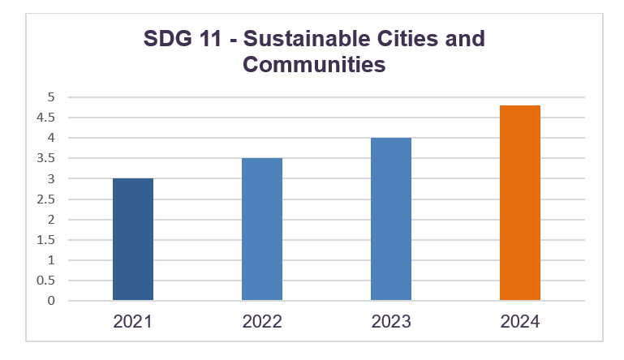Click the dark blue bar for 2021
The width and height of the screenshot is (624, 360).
pyautogui.click(x=133, y=239)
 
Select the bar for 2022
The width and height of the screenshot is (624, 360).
pyautogui.click(x=262, y=229)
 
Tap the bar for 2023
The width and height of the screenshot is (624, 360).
pyautogui.click(x=391, y=219)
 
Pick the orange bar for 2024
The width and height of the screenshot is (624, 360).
pyautogui.click(x=520, y=203)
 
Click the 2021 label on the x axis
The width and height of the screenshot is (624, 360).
pyautogui.click(x=133, y=322)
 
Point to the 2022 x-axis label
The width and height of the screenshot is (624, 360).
pyautogui.click(x=262, y=322)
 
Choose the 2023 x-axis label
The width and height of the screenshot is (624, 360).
pyautogui.click(x=391, y=322)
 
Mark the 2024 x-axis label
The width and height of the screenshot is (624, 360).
pyautogui.click(x=520, y=322)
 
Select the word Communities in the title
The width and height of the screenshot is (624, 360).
pyautogui.click(x=313, y=65)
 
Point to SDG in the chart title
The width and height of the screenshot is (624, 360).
pyautogui.click(x=168, y=39)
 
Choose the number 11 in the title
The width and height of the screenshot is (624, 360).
pyautogui.click(x=209, y=39)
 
